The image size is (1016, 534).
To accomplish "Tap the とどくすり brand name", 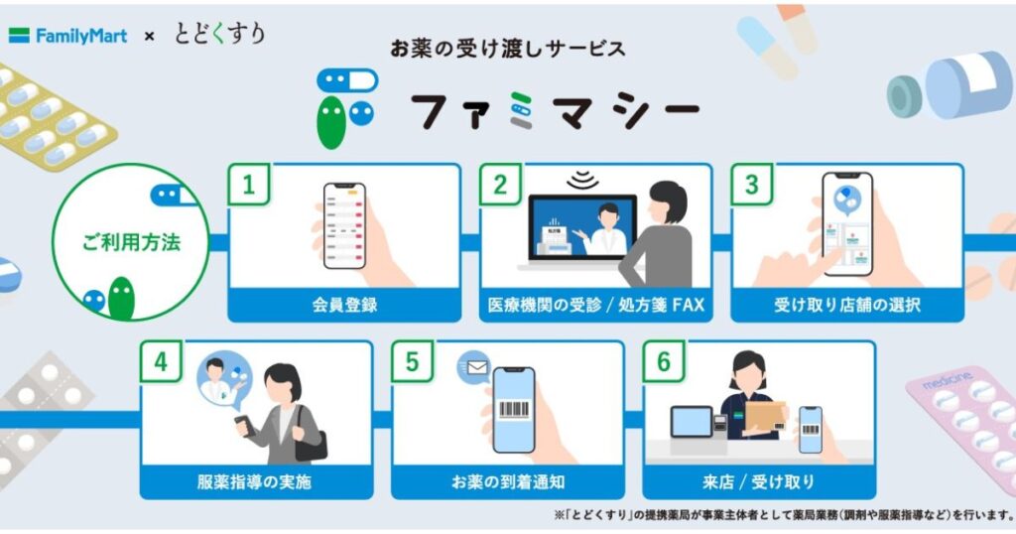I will (x=219, y=34).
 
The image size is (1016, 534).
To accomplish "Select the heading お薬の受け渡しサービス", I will (x=507, y=48).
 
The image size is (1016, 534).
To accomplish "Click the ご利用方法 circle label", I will (x=130, y=241).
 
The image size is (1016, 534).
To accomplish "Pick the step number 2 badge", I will (x=500, y=185).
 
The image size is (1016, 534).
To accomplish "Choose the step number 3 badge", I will (x=751, y=185).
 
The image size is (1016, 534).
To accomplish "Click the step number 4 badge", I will (x=161, y=362).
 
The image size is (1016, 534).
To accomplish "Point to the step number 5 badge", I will (x=412, y=362).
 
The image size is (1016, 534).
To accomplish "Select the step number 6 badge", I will (x=663, y=362).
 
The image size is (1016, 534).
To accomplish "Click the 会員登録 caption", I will (x=343, y=305).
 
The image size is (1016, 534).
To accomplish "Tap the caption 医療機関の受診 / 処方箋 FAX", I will (x=595, y=305).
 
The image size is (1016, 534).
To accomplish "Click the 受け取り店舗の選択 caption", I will (x=846, y=305).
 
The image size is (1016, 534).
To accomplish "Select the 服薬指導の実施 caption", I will (x=256, y=482).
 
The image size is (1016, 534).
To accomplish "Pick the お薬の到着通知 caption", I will (x=508, y=482).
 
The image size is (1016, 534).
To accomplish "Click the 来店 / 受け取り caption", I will (x=759, y=482).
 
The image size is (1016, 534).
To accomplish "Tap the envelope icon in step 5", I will (x=473, y=368).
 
